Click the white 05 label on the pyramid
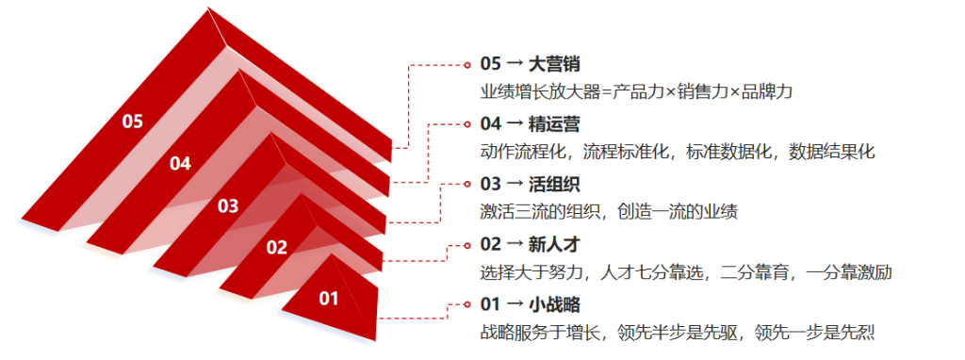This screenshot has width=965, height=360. click(x=132, y=122)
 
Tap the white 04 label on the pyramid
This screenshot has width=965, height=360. click(x=180, y=164)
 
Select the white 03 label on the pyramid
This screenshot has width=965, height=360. click(x=228, y=205)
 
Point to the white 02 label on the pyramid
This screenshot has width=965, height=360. click(x=277, y=248)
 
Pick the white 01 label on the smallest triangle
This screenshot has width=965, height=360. click(x=329, y=299)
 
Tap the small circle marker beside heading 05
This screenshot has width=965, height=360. click(x=467, y=64)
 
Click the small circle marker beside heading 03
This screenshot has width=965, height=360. click(x=467, y=184)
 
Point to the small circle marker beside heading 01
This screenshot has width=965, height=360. click(x=467, y=304)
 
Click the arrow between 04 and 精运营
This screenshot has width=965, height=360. click(x=515, y=124)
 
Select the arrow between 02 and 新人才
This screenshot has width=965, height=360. click(x=515, y=245)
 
